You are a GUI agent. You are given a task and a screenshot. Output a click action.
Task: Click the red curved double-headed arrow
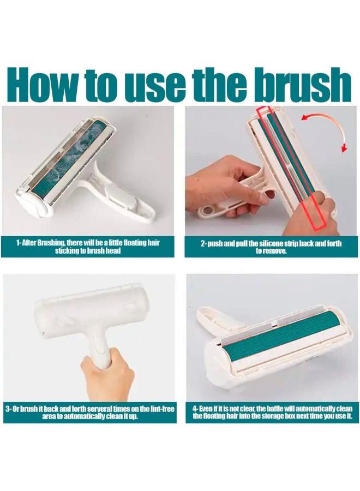[327, 128]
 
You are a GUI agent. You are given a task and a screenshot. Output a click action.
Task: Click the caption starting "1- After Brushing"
[88, 247]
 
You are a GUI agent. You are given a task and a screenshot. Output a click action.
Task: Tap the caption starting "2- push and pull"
[271, 247]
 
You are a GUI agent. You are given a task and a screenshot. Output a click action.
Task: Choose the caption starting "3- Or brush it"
[90, 413]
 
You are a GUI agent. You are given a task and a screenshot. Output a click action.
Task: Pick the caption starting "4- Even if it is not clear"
[272, 412]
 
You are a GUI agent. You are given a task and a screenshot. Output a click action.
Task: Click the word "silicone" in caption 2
[273, 243]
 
